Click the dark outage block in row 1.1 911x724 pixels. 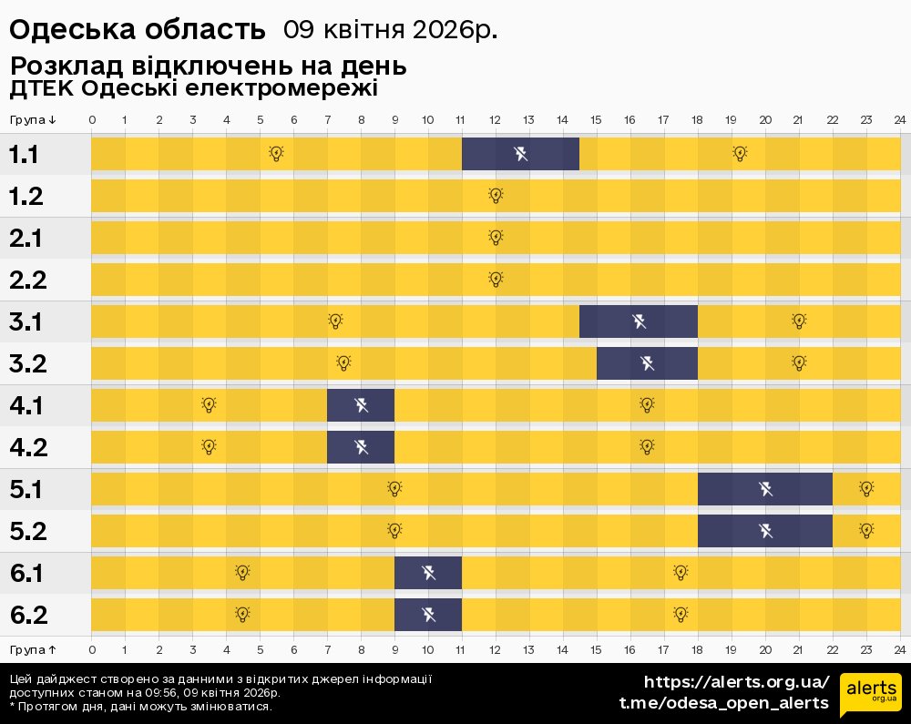[x=520, y=154]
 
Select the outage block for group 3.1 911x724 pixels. [x=639, y=321]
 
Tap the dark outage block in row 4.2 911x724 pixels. [x=361, y=447]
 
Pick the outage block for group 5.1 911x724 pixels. [x=765, y=489]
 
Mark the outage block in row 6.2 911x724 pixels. [x=428, y=615]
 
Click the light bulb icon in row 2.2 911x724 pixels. [x=496, y=279]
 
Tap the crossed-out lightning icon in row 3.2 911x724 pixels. [x=648, y=363]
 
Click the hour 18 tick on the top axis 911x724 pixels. [x=698, y=120]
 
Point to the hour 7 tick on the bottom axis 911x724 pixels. [x=327, y=649]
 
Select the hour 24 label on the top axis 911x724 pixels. [x=899, y=120]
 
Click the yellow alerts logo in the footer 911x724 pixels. [x=870, y=695]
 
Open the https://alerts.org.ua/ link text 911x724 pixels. [x=737, y=682]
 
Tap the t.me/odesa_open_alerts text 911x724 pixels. [x=724, y=703]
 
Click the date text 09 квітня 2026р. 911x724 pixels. [x=391, y=30]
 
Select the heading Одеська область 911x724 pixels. [x=137, y=30]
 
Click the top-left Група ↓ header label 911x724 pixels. [x=33, y=120]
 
